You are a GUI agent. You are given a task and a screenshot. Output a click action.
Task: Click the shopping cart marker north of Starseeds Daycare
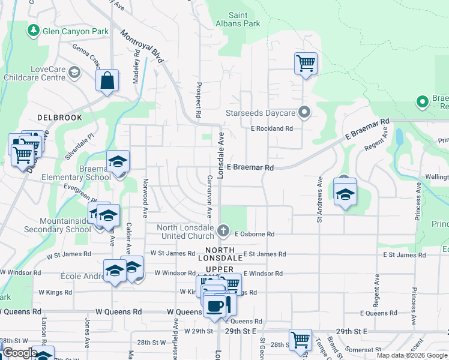tap(306, 63)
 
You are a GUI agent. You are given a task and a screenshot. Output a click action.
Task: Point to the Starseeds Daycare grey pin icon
tap(305, 113)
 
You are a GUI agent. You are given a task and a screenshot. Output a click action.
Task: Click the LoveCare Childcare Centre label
tap(34, 73)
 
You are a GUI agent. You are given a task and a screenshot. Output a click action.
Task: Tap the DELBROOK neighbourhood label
tap(58, 118)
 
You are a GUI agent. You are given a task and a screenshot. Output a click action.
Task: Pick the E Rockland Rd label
tap(271, 128)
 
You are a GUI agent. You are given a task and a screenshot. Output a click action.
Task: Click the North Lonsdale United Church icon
tap(223, 230)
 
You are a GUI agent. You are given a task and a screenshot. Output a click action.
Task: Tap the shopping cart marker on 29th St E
tap(300, 339)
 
